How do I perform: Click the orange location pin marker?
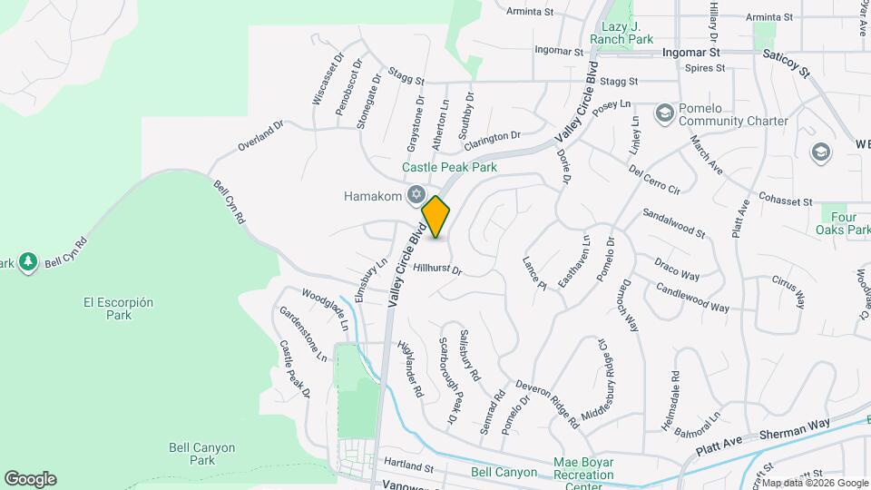436,217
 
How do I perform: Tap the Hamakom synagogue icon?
416,194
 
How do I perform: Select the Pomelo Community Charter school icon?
664,112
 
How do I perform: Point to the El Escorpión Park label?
118,309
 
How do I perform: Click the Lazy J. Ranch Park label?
621,34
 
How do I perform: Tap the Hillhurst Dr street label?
437,269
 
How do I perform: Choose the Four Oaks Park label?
846,224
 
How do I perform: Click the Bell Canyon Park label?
202,454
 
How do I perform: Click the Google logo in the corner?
30,479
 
